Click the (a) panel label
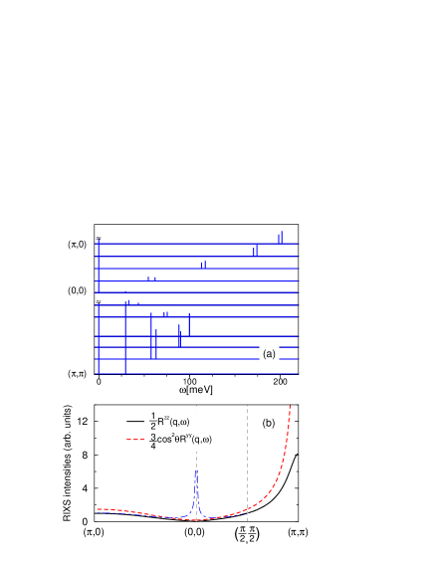pyautogui.click(x=269, y=353)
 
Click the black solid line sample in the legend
pyautogui.click(x=135, y=422)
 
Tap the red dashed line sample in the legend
pyautogui.click(x=135, y=439)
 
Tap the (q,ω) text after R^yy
pyautogui.click(x=200, y=439)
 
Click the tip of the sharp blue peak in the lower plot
pyautogui.click(x=196, y=471)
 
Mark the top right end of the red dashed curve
pyautogui.click(x=290, y=406)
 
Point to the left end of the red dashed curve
pyautogui.click(x=98, y=509)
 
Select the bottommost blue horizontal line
pyautogui.click(x=199, y=374)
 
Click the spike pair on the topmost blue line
pyautogui.click(x=281, y=237)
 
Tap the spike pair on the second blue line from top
pyautogui.click(x=255, y=251)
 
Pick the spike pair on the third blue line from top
pyautogui.click(x=203, y=265)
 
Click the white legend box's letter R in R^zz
pyautogui.click(x=161, y=422)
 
